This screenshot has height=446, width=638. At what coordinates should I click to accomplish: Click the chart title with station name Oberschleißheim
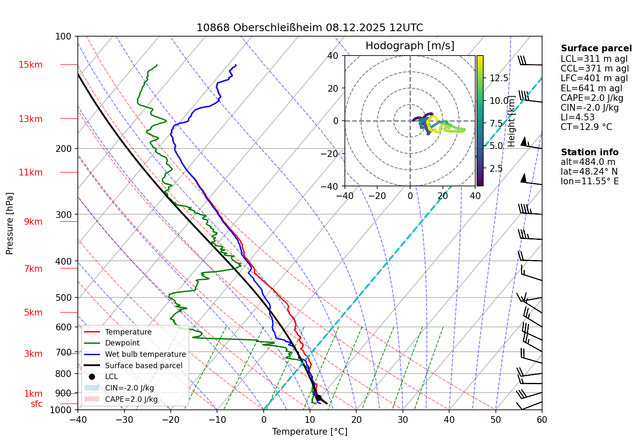(310, 28)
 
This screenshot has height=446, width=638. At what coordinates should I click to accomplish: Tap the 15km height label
(30, 65)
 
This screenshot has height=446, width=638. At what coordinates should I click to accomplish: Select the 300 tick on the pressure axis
(64, 215)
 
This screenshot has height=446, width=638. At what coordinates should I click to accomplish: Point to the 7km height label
(33, 269)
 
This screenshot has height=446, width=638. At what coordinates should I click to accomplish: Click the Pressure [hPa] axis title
(10, 223)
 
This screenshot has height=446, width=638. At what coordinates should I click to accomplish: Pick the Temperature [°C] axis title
(310, 432)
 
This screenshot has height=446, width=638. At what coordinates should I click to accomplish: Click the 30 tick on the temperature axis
(402, 419)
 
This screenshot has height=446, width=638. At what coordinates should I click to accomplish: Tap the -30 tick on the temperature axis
(124, 419)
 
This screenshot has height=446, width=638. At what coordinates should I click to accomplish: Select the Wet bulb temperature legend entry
(145, 354)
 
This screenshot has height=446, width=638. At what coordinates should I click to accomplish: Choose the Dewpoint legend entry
(122, 343)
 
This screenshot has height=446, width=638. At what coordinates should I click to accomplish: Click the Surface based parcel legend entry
(143, 366)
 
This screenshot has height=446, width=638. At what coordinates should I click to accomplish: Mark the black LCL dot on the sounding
(318, 398)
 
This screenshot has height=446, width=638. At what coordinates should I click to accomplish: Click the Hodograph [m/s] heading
(410, 46)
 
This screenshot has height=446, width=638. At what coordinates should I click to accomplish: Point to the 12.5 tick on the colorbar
(499, 78)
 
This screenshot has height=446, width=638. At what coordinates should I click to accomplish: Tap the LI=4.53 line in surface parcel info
(577, 117)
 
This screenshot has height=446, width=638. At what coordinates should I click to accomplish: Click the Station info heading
(589, 152)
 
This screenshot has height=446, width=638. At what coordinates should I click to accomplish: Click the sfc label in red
(37, 404)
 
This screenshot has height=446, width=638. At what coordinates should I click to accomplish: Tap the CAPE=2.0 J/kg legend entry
(131, 399)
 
